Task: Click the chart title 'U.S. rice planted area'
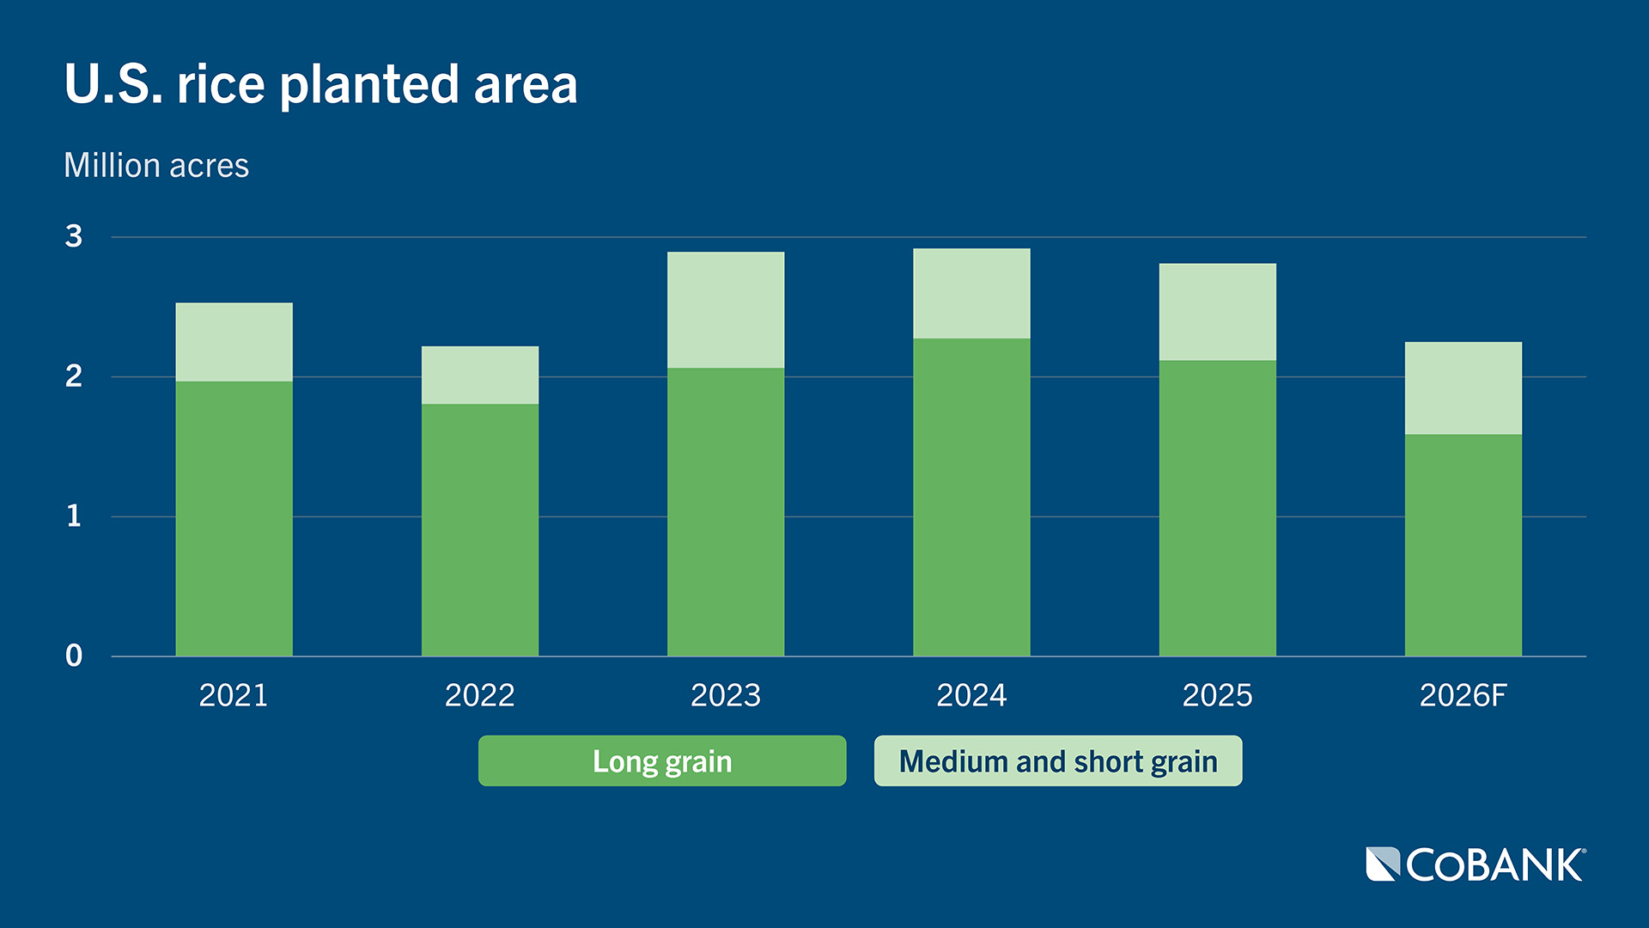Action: pos(320,84)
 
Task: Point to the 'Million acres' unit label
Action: pos(156,165)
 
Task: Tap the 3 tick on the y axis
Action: pos(74,236)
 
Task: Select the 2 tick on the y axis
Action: pos(74,376)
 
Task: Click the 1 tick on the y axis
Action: pos(74,516)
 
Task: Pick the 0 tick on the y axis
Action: pos(74,656)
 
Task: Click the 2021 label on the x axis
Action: pos(234,695)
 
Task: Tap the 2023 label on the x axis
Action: pos(726,695)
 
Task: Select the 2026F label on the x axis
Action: pos(1463,695)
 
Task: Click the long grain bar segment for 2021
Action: pos(234,519)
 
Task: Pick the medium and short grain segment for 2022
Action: pos(480,375)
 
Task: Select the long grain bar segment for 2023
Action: pos(726,512)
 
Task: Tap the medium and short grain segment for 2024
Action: pos(971,294)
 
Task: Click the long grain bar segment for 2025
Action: pos(1217,509)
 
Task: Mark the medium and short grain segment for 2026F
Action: pos(1463,388)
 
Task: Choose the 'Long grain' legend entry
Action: pos(662,761)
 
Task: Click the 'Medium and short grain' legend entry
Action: pos(1058,761)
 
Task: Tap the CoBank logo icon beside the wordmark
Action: pos(1383,864)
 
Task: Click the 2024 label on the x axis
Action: pos(971,695)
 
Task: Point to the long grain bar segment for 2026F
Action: pos(1463,546)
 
